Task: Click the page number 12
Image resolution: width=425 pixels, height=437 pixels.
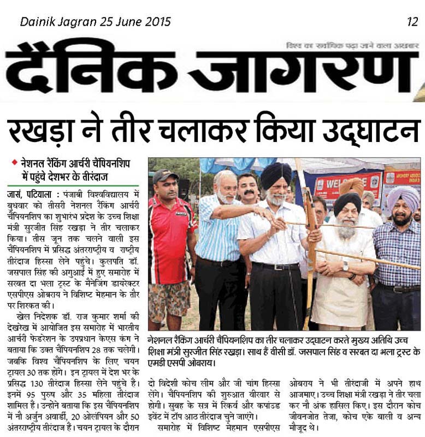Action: coord(412,22)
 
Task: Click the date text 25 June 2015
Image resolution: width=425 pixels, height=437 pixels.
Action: coord(136,22)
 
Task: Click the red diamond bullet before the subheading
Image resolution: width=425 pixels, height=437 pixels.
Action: coord(15,162)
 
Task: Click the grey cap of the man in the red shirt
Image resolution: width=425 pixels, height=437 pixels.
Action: coord(165,175)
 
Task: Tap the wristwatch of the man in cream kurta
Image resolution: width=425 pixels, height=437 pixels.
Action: coord(345,266)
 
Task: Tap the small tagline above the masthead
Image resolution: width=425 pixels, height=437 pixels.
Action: coord(352,46)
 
